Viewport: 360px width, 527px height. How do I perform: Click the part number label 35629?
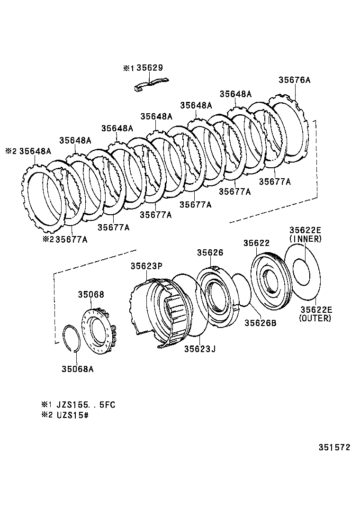pos(150,68)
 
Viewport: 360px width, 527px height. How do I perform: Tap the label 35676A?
pos(294,80)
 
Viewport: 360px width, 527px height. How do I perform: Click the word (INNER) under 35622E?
pos(305,239)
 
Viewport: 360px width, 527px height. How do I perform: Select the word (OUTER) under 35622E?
pos(315,318)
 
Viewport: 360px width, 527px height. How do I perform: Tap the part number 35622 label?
pos(257,243)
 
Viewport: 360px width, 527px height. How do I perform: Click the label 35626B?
pos(260,323)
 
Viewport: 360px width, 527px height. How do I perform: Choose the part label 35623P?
pos(147,266)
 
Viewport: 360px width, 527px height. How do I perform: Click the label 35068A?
pos(77,368)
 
